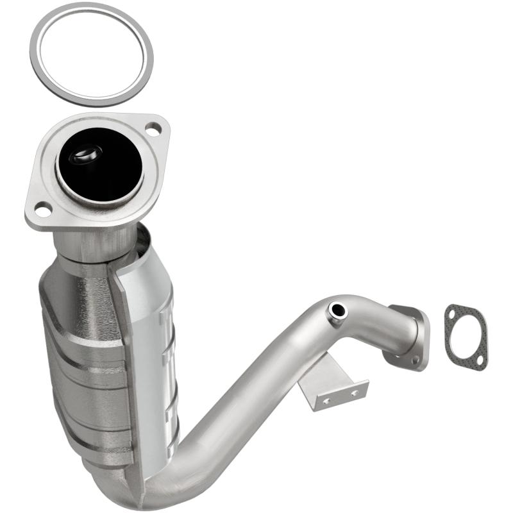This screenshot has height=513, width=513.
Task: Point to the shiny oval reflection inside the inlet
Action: click(x=86, y=155)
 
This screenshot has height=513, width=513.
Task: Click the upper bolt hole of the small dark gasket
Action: click(x=456, y=314)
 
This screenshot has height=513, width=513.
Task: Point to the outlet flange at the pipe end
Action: click(x=410, y=337)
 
